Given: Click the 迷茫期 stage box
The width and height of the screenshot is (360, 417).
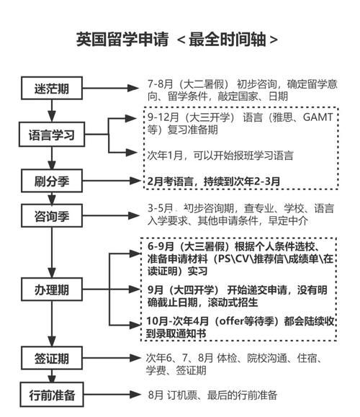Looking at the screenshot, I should (53, 89).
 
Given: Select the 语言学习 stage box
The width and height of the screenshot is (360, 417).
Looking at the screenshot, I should (53, 135).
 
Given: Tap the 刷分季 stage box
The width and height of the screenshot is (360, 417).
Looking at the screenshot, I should (53, 181).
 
